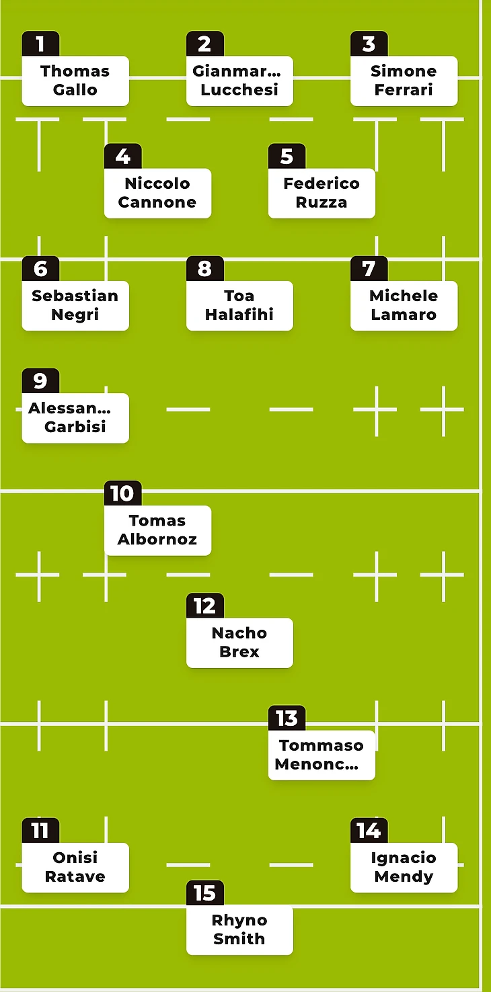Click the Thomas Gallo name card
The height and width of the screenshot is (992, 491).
point(75,81)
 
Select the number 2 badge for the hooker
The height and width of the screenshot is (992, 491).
point(204,44)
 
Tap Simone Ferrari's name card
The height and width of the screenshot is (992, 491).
point(404,81)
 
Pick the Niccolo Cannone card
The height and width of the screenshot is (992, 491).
point(157,193)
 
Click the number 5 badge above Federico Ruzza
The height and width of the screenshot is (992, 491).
point(287,157)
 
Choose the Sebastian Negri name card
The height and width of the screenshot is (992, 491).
point(75,305)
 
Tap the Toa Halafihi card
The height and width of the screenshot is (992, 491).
point(239,305)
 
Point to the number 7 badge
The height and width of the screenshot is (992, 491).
point(369,269)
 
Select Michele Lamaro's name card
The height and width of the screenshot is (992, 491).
point(404,305)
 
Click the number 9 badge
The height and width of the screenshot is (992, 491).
point(40,381)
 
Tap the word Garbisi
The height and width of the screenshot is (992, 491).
point(75,427)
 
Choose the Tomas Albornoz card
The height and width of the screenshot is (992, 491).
point(157,530)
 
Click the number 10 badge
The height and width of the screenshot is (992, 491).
point(122,494)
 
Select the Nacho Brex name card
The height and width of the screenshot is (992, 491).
point(239,643)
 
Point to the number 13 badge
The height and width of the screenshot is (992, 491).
point(287,718)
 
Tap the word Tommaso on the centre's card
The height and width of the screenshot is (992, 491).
point(322,745)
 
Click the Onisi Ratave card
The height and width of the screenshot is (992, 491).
point(75,867)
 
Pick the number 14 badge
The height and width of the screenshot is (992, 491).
point(369,831)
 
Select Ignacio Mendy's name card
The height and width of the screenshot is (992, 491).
point(404,867)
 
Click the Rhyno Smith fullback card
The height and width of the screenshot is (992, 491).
point(239,929)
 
